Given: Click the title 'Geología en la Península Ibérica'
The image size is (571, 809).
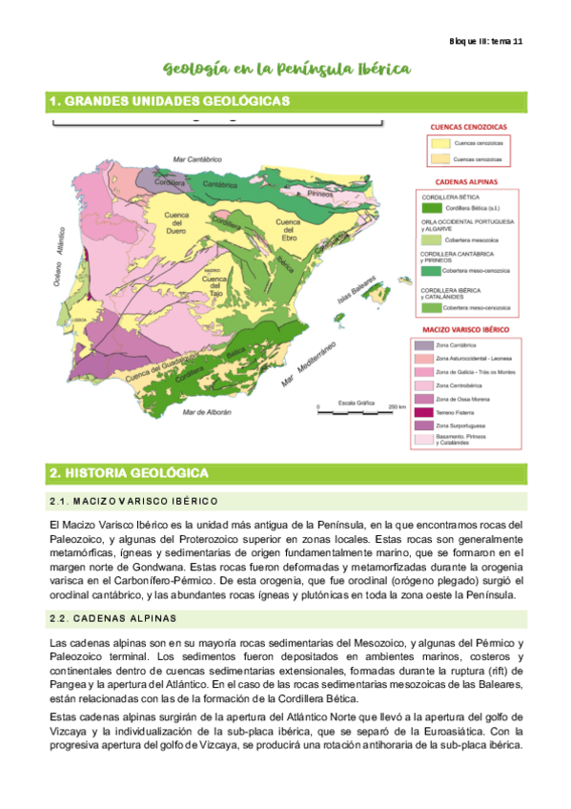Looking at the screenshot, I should click(x=287, y=69).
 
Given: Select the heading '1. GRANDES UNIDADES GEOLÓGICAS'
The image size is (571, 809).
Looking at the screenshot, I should click(x=169, y=101).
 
